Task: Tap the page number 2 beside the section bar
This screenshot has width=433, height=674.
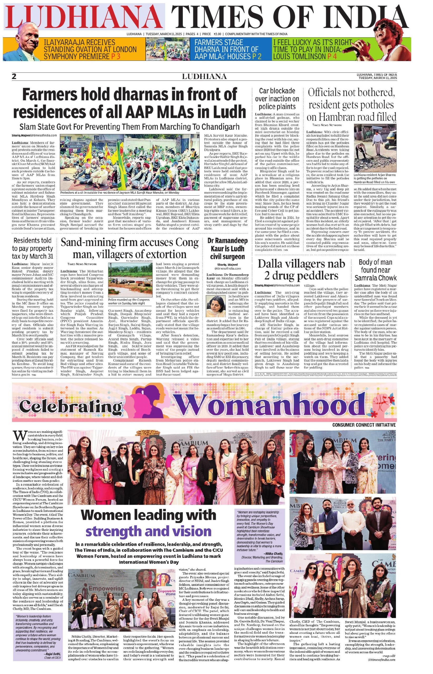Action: [14, 76]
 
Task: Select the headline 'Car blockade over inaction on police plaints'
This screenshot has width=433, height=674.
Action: [277, 99]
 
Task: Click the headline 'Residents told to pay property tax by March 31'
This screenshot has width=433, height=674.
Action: [33, 248]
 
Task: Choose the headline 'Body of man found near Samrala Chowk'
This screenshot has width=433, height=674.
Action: [375, 270]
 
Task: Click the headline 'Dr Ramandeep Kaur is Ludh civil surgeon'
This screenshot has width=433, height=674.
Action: [228, 249]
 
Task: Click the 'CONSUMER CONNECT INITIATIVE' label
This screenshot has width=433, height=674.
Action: [364, 425]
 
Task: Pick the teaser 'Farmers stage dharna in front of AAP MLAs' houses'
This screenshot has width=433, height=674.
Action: [228, 49]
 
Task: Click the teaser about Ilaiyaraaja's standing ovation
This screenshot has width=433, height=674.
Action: [90, 49]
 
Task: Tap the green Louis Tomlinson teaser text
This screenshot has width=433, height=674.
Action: [313, 49]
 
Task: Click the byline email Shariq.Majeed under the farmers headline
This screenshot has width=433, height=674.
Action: [34, 136]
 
